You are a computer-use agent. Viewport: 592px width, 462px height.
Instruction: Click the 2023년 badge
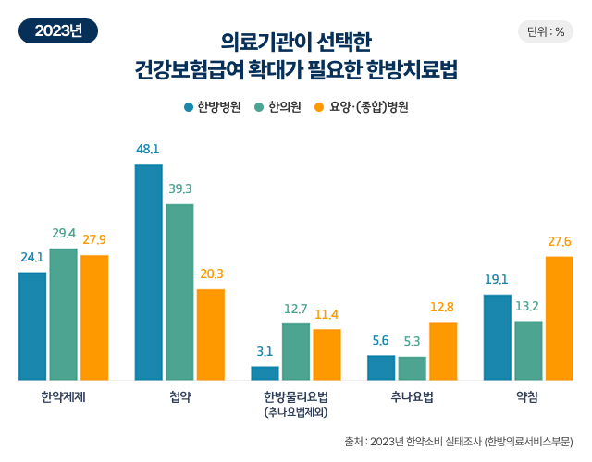tap(58, 30)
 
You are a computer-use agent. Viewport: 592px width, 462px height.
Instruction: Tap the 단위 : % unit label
tap(546, 31)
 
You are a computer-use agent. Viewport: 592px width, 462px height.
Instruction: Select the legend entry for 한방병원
tap(213, 107)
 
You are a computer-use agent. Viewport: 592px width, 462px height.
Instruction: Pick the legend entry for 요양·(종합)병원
tap(362, 107)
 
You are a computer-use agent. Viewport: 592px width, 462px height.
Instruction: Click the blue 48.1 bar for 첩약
tap(149, 273)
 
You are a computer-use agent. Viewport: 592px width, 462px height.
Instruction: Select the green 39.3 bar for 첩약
tap(179, 292)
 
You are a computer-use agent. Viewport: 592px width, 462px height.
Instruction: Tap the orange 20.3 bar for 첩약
tap(210, 334)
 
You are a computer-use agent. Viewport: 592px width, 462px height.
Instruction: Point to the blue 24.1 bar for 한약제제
tap(32, 326)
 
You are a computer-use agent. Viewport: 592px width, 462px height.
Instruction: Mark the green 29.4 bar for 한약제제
tap(63, 314)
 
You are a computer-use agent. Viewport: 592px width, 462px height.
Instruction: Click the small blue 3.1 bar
tap(265, 373)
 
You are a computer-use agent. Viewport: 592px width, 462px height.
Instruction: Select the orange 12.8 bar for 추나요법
tap(443, 351)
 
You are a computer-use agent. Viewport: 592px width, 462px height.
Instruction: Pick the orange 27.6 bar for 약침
tap(560, 318)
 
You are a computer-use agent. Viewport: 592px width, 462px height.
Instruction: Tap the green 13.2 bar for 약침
tap(528, 350)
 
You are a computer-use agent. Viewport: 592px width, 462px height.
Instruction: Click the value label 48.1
tap(148, 149)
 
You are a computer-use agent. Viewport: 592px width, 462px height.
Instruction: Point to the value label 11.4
tap(327, 314)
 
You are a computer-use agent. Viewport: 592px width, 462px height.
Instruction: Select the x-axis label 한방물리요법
tap(295, 396)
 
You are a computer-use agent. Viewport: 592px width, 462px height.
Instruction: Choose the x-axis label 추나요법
tap(412, 396)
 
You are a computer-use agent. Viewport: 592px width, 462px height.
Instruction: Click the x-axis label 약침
tap(528, 396)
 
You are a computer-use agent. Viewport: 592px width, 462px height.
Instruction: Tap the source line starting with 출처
tap(458, 441)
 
